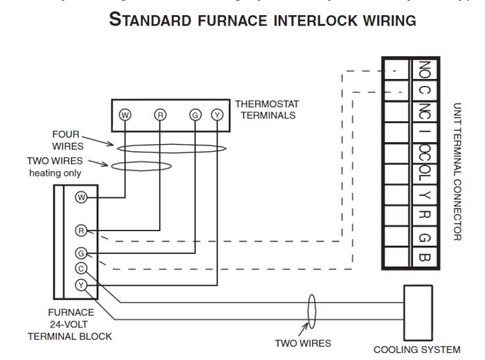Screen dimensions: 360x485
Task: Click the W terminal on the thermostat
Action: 125,115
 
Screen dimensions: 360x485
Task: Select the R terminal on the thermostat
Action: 160,115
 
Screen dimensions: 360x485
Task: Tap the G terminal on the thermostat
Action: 195,115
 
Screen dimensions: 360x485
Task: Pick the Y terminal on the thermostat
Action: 218,115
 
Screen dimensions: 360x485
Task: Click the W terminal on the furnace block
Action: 81,198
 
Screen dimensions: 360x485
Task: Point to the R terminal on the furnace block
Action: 81,231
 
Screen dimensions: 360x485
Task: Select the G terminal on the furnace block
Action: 81,253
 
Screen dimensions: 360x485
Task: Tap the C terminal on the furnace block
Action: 81,269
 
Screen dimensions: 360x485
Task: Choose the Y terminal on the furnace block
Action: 81,285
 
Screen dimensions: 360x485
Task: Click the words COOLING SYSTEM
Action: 416,350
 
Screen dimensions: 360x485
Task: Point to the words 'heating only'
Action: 55,172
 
